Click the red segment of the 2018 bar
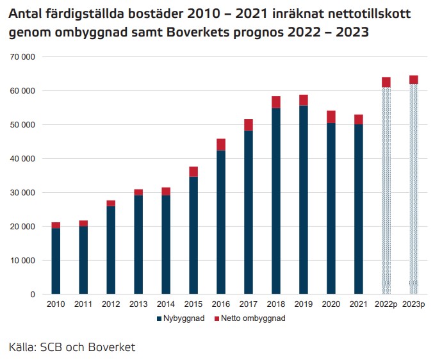[276, 102]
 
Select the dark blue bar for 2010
[56, 261]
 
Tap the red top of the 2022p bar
[386, 82]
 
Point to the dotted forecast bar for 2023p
[414, 189]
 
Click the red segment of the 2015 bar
[193, 172]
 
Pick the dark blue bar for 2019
[304, 200]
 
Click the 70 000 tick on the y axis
[22, 57]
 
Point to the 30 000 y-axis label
[22, 193]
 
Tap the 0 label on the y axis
[33, 295]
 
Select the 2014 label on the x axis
[166, 304]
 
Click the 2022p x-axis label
[386, 304]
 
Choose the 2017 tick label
[249, 304]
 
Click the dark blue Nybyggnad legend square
[160, 318]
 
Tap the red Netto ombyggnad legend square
[217, 318]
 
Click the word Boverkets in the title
[198, 33]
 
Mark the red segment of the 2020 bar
[331, 117]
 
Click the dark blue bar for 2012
[111, 250]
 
